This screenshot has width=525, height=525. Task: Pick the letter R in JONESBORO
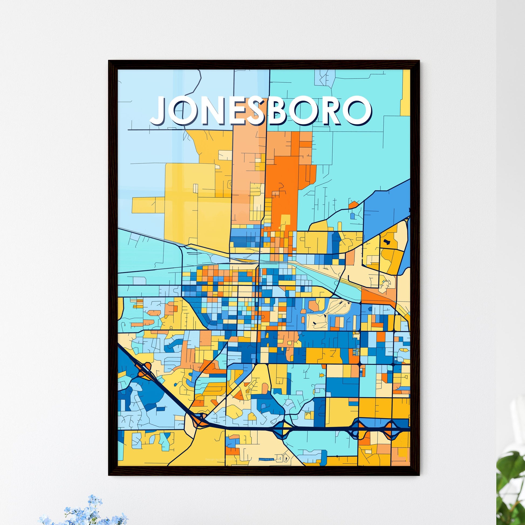pyautogui.click(x=331, y=110)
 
